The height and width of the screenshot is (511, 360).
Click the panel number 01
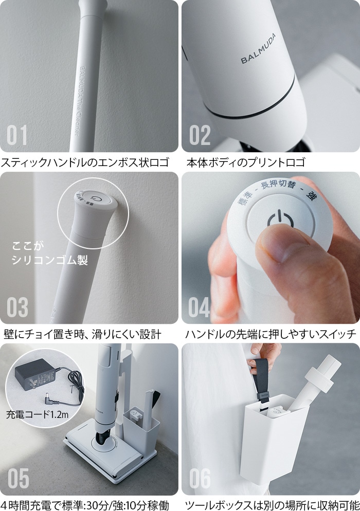[17, 135]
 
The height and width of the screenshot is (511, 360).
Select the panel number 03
[17, 307]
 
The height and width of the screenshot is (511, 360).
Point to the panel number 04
[200, 307]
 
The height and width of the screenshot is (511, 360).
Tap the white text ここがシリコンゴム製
[49, 253]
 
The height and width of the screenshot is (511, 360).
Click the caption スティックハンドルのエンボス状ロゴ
[84, 162]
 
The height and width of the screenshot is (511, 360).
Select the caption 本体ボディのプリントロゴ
[246, 162]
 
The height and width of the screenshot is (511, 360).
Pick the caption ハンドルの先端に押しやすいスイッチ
[270, 334]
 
